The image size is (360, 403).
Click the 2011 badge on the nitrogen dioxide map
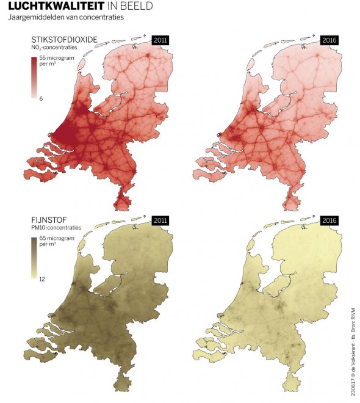pos(160,40)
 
